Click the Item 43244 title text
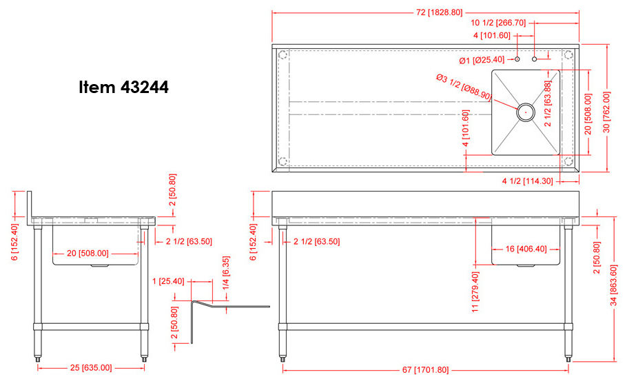(x=123, y=87)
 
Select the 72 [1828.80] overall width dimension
(x=439, y=12)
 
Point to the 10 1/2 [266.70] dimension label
(x=498, y=23)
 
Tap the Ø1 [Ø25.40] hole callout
(x=482, y=61)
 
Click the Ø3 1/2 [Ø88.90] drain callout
(x=464, y=87)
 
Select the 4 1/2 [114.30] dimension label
(x=527, y=181)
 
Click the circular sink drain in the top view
(x=526, y=112)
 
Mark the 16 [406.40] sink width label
(x=526, y=249)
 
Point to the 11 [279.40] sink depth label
(x=475, y=292)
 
